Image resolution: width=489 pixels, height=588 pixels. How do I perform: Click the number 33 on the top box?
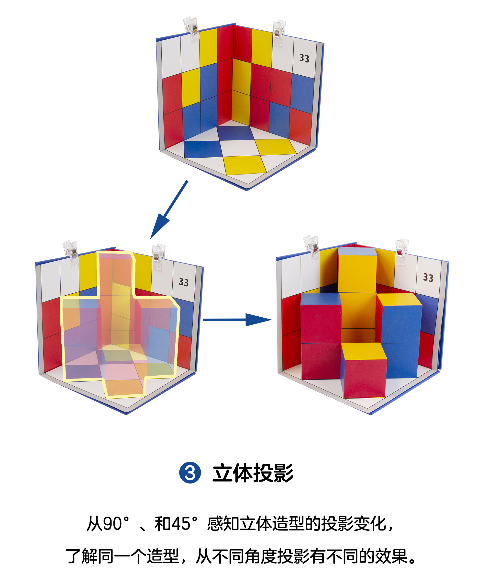304,58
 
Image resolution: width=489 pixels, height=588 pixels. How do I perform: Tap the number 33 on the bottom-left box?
184,282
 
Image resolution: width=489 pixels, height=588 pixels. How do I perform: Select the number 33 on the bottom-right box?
428,277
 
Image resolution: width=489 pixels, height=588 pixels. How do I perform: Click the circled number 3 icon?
190,473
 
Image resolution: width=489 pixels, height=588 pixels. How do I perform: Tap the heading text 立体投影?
253,473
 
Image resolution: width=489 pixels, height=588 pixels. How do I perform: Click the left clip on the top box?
191,29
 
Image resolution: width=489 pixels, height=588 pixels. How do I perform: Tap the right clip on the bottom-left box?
158,256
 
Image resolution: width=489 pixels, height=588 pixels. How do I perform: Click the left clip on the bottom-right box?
312,248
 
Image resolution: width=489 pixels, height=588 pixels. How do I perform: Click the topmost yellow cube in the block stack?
357,270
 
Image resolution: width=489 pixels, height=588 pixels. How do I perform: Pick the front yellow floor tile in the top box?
245,165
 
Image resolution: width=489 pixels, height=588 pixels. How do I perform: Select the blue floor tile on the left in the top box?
202,149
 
